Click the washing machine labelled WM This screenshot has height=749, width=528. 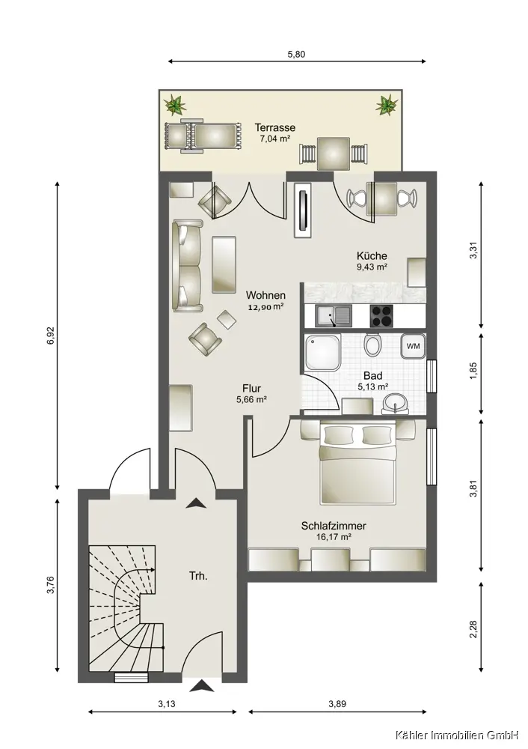(413, 346)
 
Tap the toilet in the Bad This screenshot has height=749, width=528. (372, 344)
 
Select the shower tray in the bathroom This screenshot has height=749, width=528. (323, 353)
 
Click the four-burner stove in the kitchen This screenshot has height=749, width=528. (381, 316)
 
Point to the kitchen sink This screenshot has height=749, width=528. (334, 316)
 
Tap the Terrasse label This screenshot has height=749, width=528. (274, 127)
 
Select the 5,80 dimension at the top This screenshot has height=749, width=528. (296, 54)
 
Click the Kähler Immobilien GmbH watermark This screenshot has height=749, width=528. (456, 735)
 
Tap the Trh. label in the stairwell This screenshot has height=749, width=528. (198, 576)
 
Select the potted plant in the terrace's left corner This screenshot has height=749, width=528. (176, 105)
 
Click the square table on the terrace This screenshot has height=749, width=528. (334, 154)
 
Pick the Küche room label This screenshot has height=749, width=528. (372, 255)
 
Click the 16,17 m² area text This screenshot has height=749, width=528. (334, 537)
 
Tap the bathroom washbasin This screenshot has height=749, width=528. (395, 404)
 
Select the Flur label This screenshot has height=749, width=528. (251, 388)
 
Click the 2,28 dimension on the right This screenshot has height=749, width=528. (473, 629)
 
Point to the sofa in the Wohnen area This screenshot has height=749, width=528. (188, 266)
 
